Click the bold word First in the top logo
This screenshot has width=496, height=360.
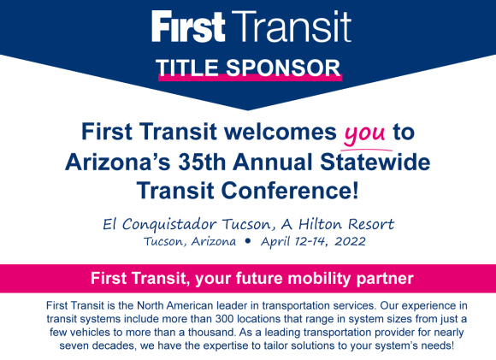tap(188, 27)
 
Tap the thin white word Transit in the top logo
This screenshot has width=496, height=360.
tap(292, 27)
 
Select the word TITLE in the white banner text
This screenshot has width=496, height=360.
tap(187, 68)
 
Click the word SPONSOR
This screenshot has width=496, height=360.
tap(283, 68)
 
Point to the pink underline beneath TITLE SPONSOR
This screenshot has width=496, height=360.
tap(251, 78)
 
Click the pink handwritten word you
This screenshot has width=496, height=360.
tap(364, 133)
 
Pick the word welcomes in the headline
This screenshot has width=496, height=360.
tap(280, 132)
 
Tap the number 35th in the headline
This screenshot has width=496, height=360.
tap(202, 162)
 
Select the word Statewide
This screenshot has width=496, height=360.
tap(375, 162)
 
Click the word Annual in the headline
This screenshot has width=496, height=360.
tap(273, 162)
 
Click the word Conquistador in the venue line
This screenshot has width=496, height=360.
tap(169, 225)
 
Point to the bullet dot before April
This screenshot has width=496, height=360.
tap(248, 241)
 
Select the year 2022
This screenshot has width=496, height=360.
tap(350, 241)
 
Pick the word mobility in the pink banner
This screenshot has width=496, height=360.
tap(319, 279)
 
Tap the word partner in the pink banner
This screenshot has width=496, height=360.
tap(386, 280)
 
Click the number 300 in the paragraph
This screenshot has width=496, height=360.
tap(225, 319)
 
